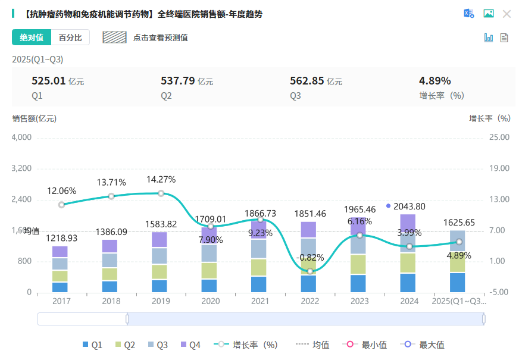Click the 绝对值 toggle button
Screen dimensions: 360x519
[x=32, y=37]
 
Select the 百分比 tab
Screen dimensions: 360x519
[x=70, y=37]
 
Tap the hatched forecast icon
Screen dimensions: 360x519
[x=114, y=37]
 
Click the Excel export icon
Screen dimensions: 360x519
[x=469, y=14]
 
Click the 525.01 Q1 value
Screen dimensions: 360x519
[x=48, y=81]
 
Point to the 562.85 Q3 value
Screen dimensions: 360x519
[x=307, y=81]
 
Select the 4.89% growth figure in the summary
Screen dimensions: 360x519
[x=434, y=81]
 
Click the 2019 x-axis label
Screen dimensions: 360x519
[x=161, y=302]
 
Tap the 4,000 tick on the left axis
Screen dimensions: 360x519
[x=21, y=137]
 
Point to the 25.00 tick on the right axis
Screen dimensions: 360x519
[x=499, y=137]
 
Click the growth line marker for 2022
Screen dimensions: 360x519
[x=310, y=271]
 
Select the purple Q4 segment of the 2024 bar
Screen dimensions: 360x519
[x=408, y=223]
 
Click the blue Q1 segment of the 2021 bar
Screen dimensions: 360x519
[x=258, y=284]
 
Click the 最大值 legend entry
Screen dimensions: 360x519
[x=426, y=345]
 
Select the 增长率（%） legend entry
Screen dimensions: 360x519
[x=249, y=345]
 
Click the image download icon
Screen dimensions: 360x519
[x=489, y=14]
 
